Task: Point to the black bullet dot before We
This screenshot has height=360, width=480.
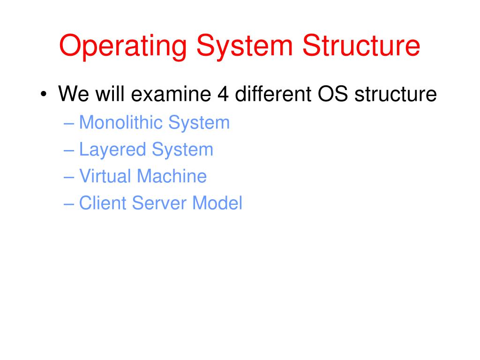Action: [x=44, y=95]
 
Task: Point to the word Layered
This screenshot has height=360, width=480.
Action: [x=112, y=150]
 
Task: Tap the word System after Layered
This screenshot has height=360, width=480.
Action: [x=182, y=150]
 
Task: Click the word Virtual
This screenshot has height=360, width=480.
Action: [x=105, y=177]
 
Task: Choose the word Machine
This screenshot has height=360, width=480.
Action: [x=172, y=177]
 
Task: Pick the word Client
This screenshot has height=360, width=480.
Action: [x=103, y=203]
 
